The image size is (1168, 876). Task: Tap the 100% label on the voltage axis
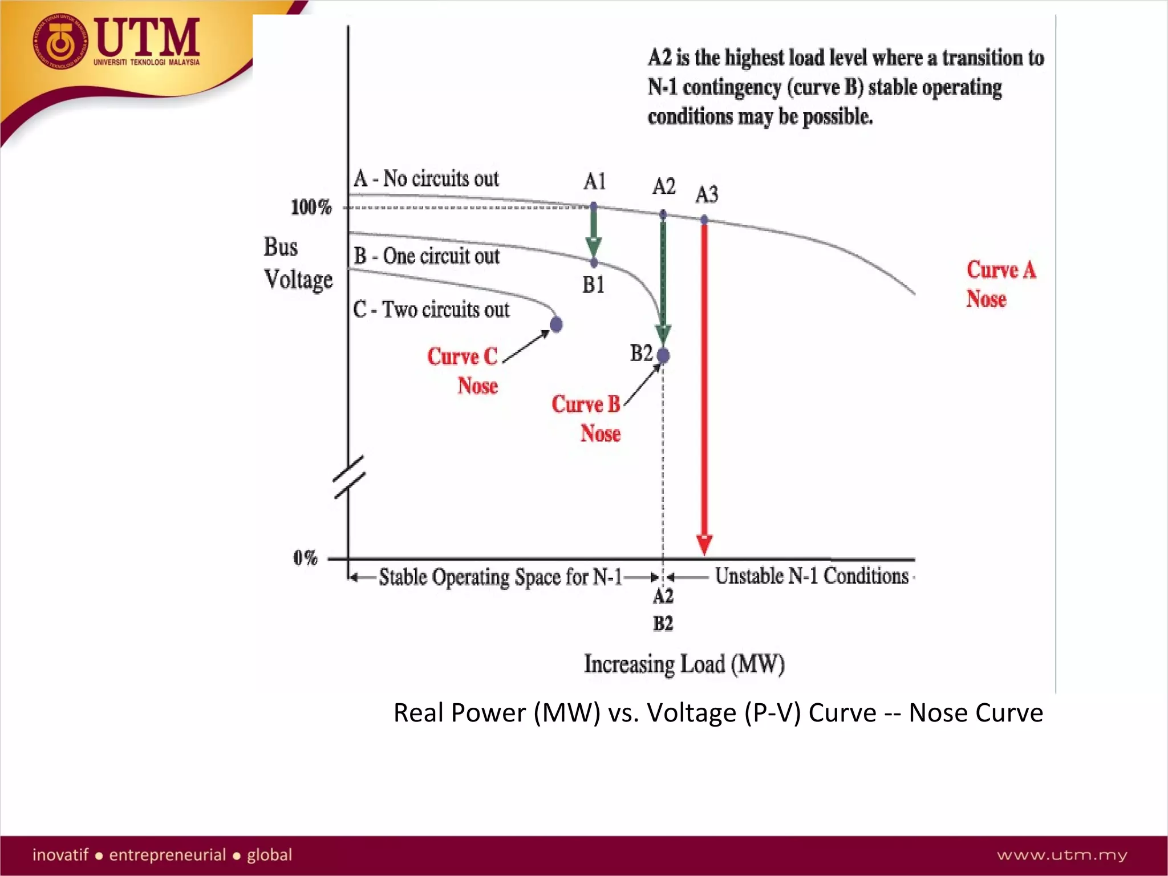coord(311,207)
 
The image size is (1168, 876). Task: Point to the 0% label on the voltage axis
coord(305,558)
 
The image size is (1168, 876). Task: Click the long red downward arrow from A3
coord(704,388)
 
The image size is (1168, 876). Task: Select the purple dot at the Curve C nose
coord(556,325)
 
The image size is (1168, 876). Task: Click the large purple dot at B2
coord(663,356)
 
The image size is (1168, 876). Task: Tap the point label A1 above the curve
coord(594,182)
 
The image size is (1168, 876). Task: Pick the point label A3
coord(707,195)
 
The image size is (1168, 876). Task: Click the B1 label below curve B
coord(593,285)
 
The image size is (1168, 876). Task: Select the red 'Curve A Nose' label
coord(1000,284)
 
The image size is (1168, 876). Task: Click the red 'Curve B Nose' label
coord(586,419)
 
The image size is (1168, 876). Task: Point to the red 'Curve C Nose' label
coord(463,371)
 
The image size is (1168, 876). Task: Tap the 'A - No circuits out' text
coord(426,179)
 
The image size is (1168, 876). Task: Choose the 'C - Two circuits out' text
coord(431,310)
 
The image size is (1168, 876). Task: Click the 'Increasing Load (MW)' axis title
coord(684,664)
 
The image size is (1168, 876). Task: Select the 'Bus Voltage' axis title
coord(298,263)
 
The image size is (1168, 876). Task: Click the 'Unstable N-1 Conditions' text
coord(812,576)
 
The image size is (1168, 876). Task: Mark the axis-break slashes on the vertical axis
coord(349,477)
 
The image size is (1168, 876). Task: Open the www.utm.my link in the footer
coord(1062,855)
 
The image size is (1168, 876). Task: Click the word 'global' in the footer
coord(269,855)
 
